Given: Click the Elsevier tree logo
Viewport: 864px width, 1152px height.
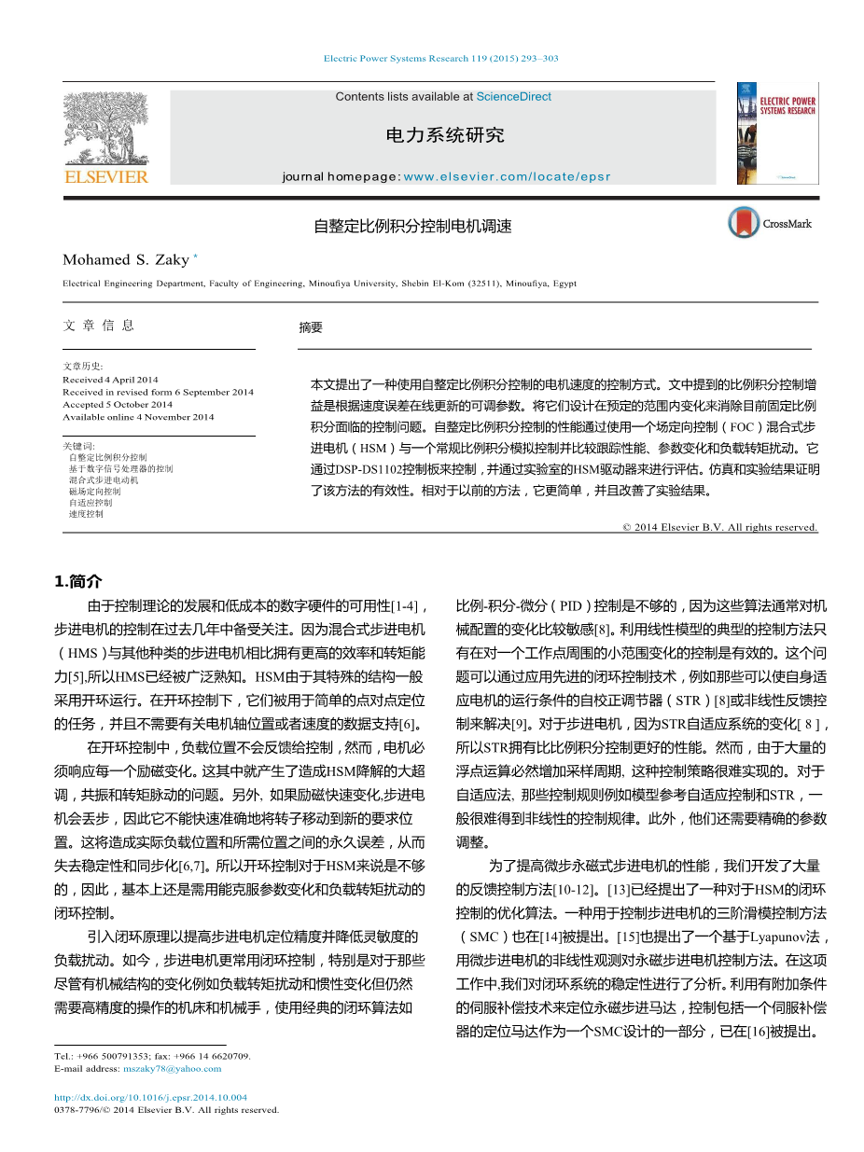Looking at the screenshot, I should click(105, 126).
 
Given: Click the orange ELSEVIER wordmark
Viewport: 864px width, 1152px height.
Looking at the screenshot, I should click(105, 176).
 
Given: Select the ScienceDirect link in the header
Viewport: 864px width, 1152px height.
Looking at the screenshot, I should click(513, 97).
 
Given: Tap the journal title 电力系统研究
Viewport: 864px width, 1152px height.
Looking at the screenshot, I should click(444, 135).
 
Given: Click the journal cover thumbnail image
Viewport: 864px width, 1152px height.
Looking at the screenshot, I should click(776, 132).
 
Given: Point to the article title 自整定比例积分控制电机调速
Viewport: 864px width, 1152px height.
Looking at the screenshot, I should click(412, 226).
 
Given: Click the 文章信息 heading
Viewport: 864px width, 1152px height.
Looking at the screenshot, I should click(98, 326).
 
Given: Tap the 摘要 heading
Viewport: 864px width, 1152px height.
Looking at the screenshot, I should click(311, 327).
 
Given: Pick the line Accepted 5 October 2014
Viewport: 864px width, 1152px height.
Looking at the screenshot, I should click(118, 405).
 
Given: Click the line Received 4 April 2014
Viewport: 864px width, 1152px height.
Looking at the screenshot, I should click(110, 380).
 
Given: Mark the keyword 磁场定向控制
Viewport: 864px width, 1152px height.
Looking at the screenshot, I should click(94, 491).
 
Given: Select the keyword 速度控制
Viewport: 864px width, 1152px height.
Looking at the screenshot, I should click(86, 513).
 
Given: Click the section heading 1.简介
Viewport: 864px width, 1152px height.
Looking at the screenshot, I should click(79, 581).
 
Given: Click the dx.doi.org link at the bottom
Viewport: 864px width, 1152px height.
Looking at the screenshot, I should click(150, 1098).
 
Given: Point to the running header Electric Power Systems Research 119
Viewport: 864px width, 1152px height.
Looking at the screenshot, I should click(440, 59).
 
